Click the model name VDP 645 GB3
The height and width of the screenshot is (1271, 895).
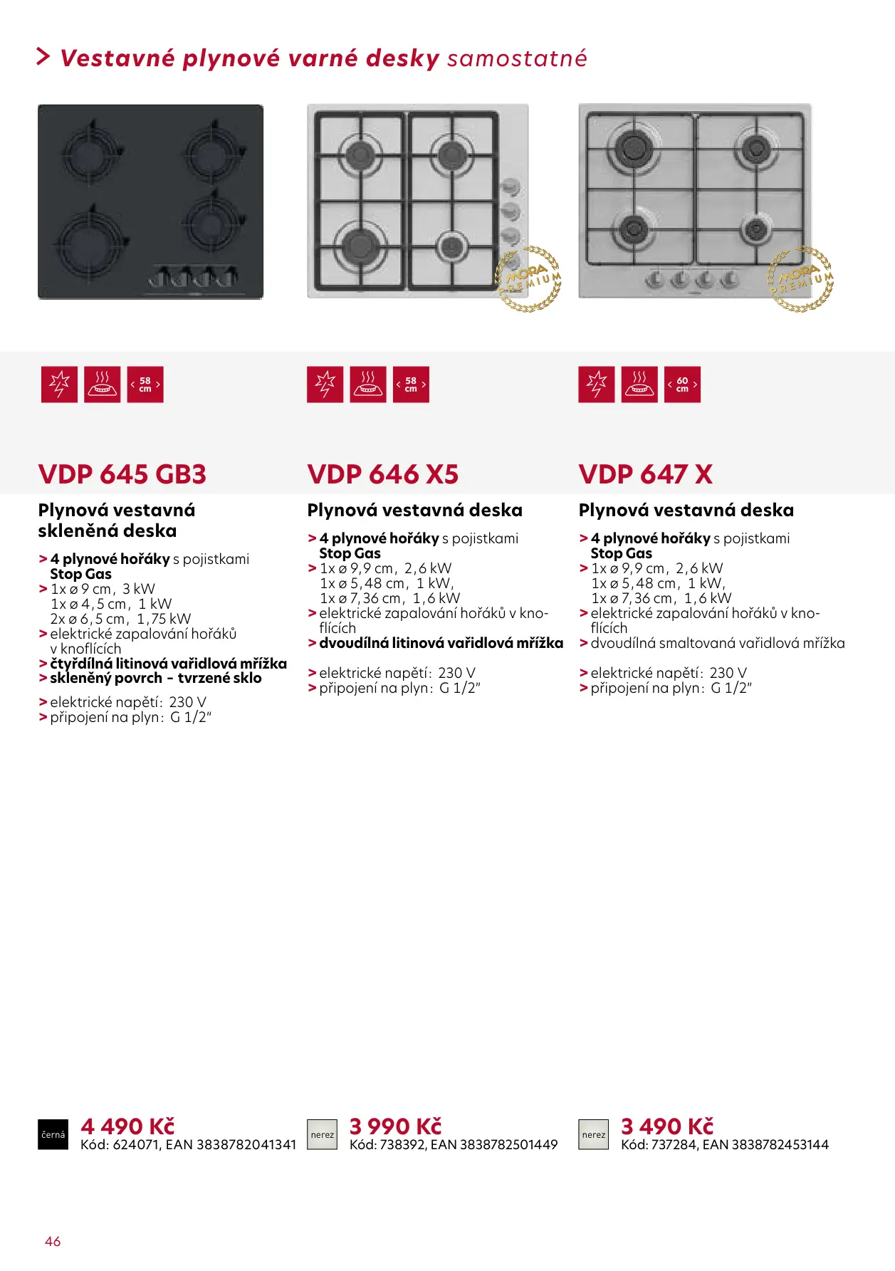(122, 474)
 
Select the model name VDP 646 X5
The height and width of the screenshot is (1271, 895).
(382, 474)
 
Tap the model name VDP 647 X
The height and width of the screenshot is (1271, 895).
(645, 474)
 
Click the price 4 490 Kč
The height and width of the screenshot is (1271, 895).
(127, 1126)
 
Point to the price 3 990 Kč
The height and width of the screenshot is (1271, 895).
(395, 1126)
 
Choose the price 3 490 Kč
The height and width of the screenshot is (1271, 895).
(667, 1126)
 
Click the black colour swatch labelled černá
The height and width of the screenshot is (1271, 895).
(53, 1134)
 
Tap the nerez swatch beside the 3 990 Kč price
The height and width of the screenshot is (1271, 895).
(322, 1134)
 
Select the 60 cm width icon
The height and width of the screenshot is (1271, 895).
(682, 385)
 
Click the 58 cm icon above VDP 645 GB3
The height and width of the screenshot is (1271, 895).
(145, 385)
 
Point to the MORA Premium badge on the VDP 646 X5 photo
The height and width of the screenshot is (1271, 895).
(528, 279)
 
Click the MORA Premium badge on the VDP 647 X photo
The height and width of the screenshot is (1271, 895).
(801, 279)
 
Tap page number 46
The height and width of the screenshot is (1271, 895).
(53, 1241)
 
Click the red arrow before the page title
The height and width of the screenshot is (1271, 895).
(43, 57)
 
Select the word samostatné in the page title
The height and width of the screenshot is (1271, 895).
(517, 58)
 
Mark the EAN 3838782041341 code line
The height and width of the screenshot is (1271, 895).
(188, 1144)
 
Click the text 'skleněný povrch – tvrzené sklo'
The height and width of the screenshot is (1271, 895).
(155, 679)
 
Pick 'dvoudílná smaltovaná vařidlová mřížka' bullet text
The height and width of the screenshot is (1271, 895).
(717, 643)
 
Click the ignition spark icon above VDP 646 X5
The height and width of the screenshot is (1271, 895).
(325, 385)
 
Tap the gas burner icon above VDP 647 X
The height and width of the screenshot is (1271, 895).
(639, 385)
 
